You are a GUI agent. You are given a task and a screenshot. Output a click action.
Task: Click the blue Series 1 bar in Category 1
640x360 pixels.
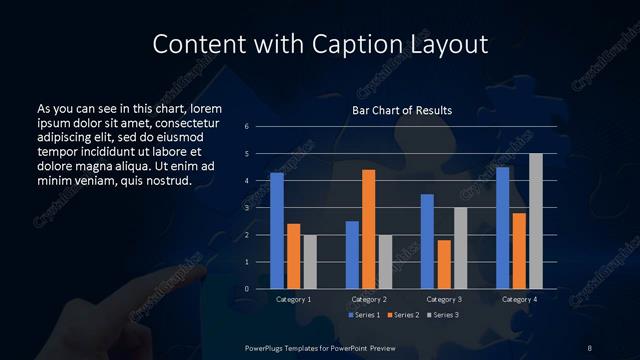[277, 231]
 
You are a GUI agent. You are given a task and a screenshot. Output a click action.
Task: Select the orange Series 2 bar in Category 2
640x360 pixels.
[368, 229]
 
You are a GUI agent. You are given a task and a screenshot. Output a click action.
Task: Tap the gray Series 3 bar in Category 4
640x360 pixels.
[536, 221]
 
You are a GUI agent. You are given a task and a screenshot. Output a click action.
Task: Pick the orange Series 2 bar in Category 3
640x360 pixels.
[444, 264]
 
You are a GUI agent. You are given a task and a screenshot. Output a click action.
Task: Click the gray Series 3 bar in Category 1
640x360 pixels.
[310, 262]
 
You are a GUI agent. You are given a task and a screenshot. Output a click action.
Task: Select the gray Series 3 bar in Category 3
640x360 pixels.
[460, 248]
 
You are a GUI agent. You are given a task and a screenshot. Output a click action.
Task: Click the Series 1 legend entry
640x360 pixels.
[364, 315]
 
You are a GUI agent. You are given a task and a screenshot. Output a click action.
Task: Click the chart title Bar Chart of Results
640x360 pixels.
[402, 110]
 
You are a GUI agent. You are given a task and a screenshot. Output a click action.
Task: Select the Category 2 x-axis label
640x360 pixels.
[368, 299]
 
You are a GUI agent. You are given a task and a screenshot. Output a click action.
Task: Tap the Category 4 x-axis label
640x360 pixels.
[519, 299]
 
